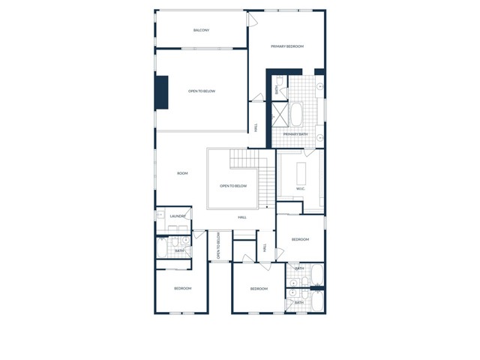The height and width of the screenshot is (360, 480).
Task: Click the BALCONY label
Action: [201, 30]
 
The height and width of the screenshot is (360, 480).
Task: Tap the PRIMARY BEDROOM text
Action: [287, 46]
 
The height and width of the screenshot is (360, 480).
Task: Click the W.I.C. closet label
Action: [301, 188]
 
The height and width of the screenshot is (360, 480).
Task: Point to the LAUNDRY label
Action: [177, 216]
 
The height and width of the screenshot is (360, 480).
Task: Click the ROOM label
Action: [182, 173]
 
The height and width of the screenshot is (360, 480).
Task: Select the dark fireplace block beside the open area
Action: [161, 92]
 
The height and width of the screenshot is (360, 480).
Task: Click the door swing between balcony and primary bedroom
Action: [253, 19]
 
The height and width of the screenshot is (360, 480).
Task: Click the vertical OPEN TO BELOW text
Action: [218, 245]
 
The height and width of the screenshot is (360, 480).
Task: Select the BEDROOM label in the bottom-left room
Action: [182, 288]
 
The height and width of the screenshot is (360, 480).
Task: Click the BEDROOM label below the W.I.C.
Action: [300, 239]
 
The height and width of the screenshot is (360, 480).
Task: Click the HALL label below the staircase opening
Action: [242, 217]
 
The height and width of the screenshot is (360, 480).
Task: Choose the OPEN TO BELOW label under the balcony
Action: [202, 91]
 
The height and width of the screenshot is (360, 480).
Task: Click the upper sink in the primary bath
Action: [320, 87]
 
